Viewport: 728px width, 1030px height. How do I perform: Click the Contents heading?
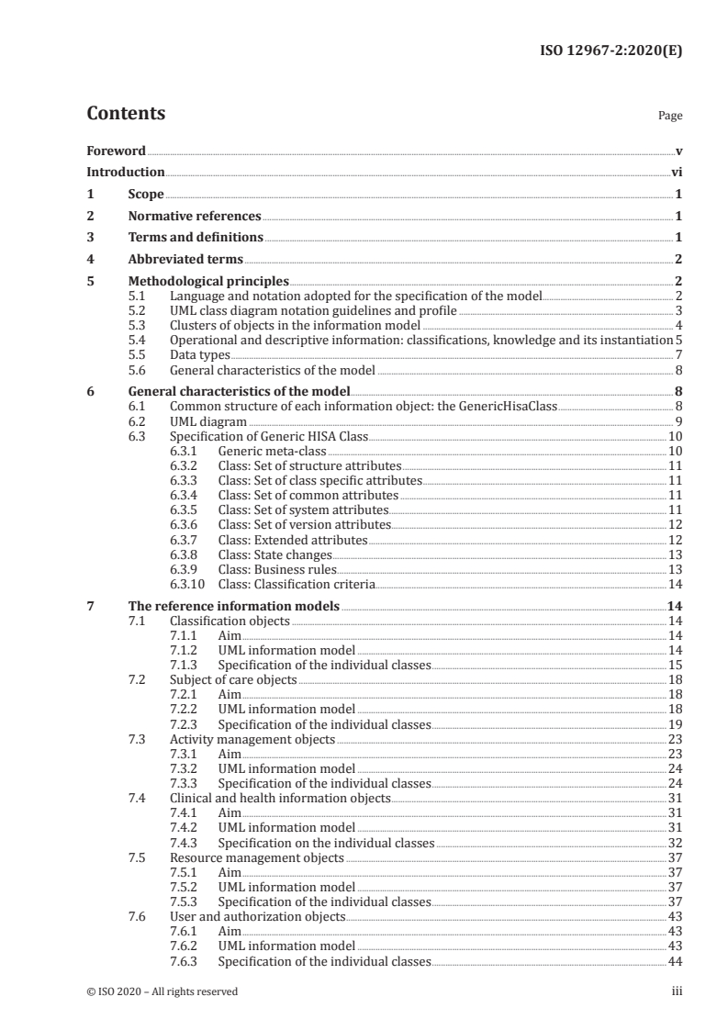[x=126, y=114]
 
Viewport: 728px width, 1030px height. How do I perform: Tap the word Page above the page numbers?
[x=670, y=117]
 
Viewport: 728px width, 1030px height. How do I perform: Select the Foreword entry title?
[x=116, y=150]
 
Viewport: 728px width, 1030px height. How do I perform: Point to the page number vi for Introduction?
[x=676, y=172]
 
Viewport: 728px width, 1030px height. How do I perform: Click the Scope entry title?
[x=145, y=194]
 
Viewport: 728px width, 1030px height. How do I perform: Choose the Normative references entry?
[x=194, y=216]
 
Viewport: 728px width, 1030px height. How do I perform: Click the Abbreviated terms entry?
[x=185, y=259]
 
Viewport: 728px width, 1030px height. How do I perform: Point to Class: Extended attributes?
[x=293, y=540]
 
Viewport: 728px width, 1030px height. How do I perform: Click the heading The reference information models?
[x=232, y=606]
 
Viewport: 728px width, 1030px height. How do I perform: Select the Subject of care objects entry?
[x=233, y=679]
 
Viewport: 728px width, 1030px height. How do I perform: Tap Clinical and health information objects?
[x=280, y=798]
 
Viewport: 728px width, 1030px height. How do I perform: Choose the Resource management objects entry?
[x=257, y=857]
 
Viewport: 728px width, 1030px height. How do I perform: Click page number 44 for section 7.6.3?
[x=675, y=960]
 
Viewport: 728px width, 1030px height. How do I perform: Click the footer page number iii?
[x=678, y=991]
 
